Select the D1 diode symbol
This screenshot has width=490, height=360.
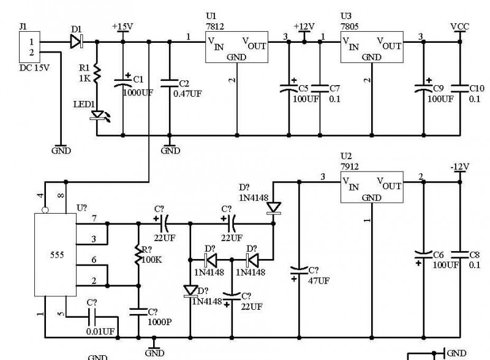coord(76,42)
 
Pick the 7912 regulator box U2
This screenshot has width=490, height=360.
coord(372,187)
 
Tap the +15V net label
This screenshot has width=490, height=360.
coord(123,27)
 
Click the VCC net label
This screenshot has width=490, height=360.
coord(461,27)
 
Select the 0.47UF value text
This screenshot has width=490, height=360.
coord(187,94)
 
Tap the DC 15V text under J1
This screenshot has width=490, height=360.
coord(32,67)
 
